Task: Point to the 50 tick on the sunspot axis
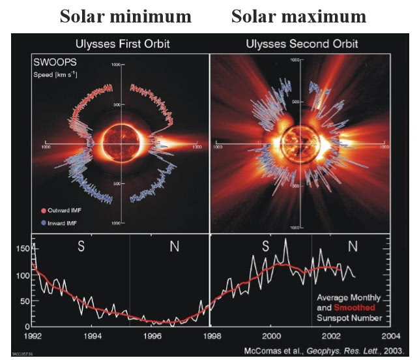pyautogui.click(x=24, y=301)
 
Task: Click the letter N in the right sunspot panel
pyautogui.click(x=353, y=247)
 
